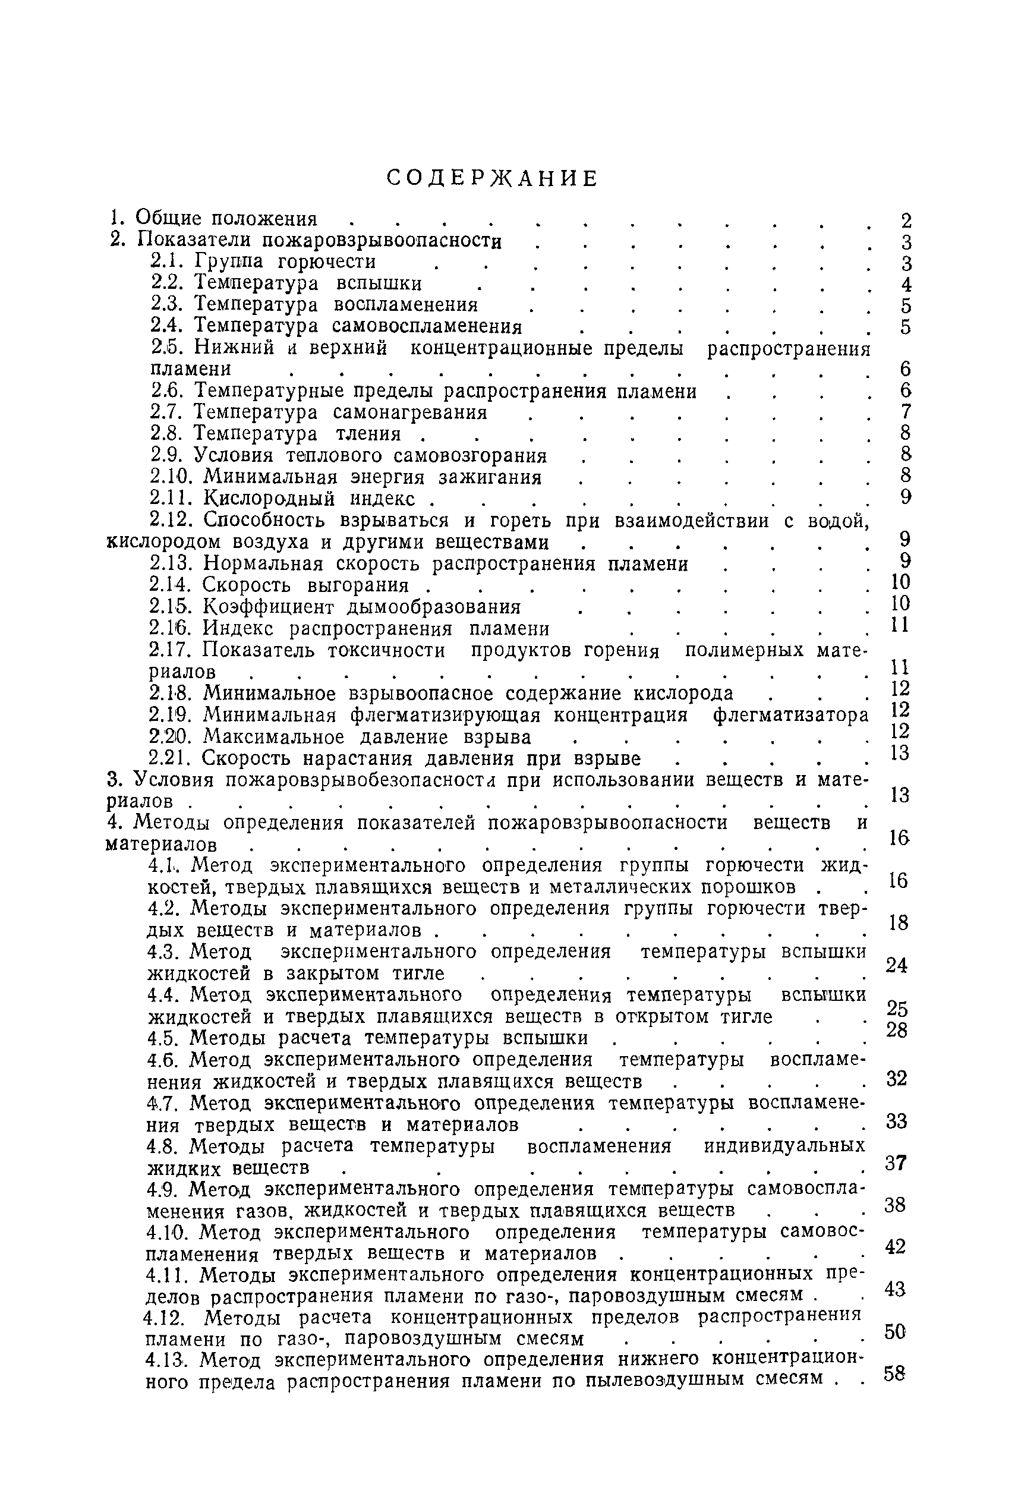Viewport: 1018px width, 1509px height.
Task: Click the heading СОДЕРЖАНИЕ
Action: pyautogui.click(x=491, y=178)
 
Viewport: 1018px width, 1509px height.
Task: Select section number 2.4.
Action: pyautogui.click(x=169, y=325)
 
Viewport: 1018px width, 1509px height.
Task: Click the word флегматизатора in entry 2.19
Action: pyautogui.click(x=791, y=715)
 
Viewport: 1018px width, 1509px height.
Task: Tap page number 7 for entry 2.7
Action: pyautogui.click(x=906, y=412)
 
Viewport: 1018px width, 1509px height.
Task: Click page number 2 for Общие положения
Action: pyautogui.click(x=906, y=220)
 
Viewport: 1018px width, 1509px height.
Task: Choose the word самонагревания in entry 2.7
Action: pyautogui.click(x=409, y=412)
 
